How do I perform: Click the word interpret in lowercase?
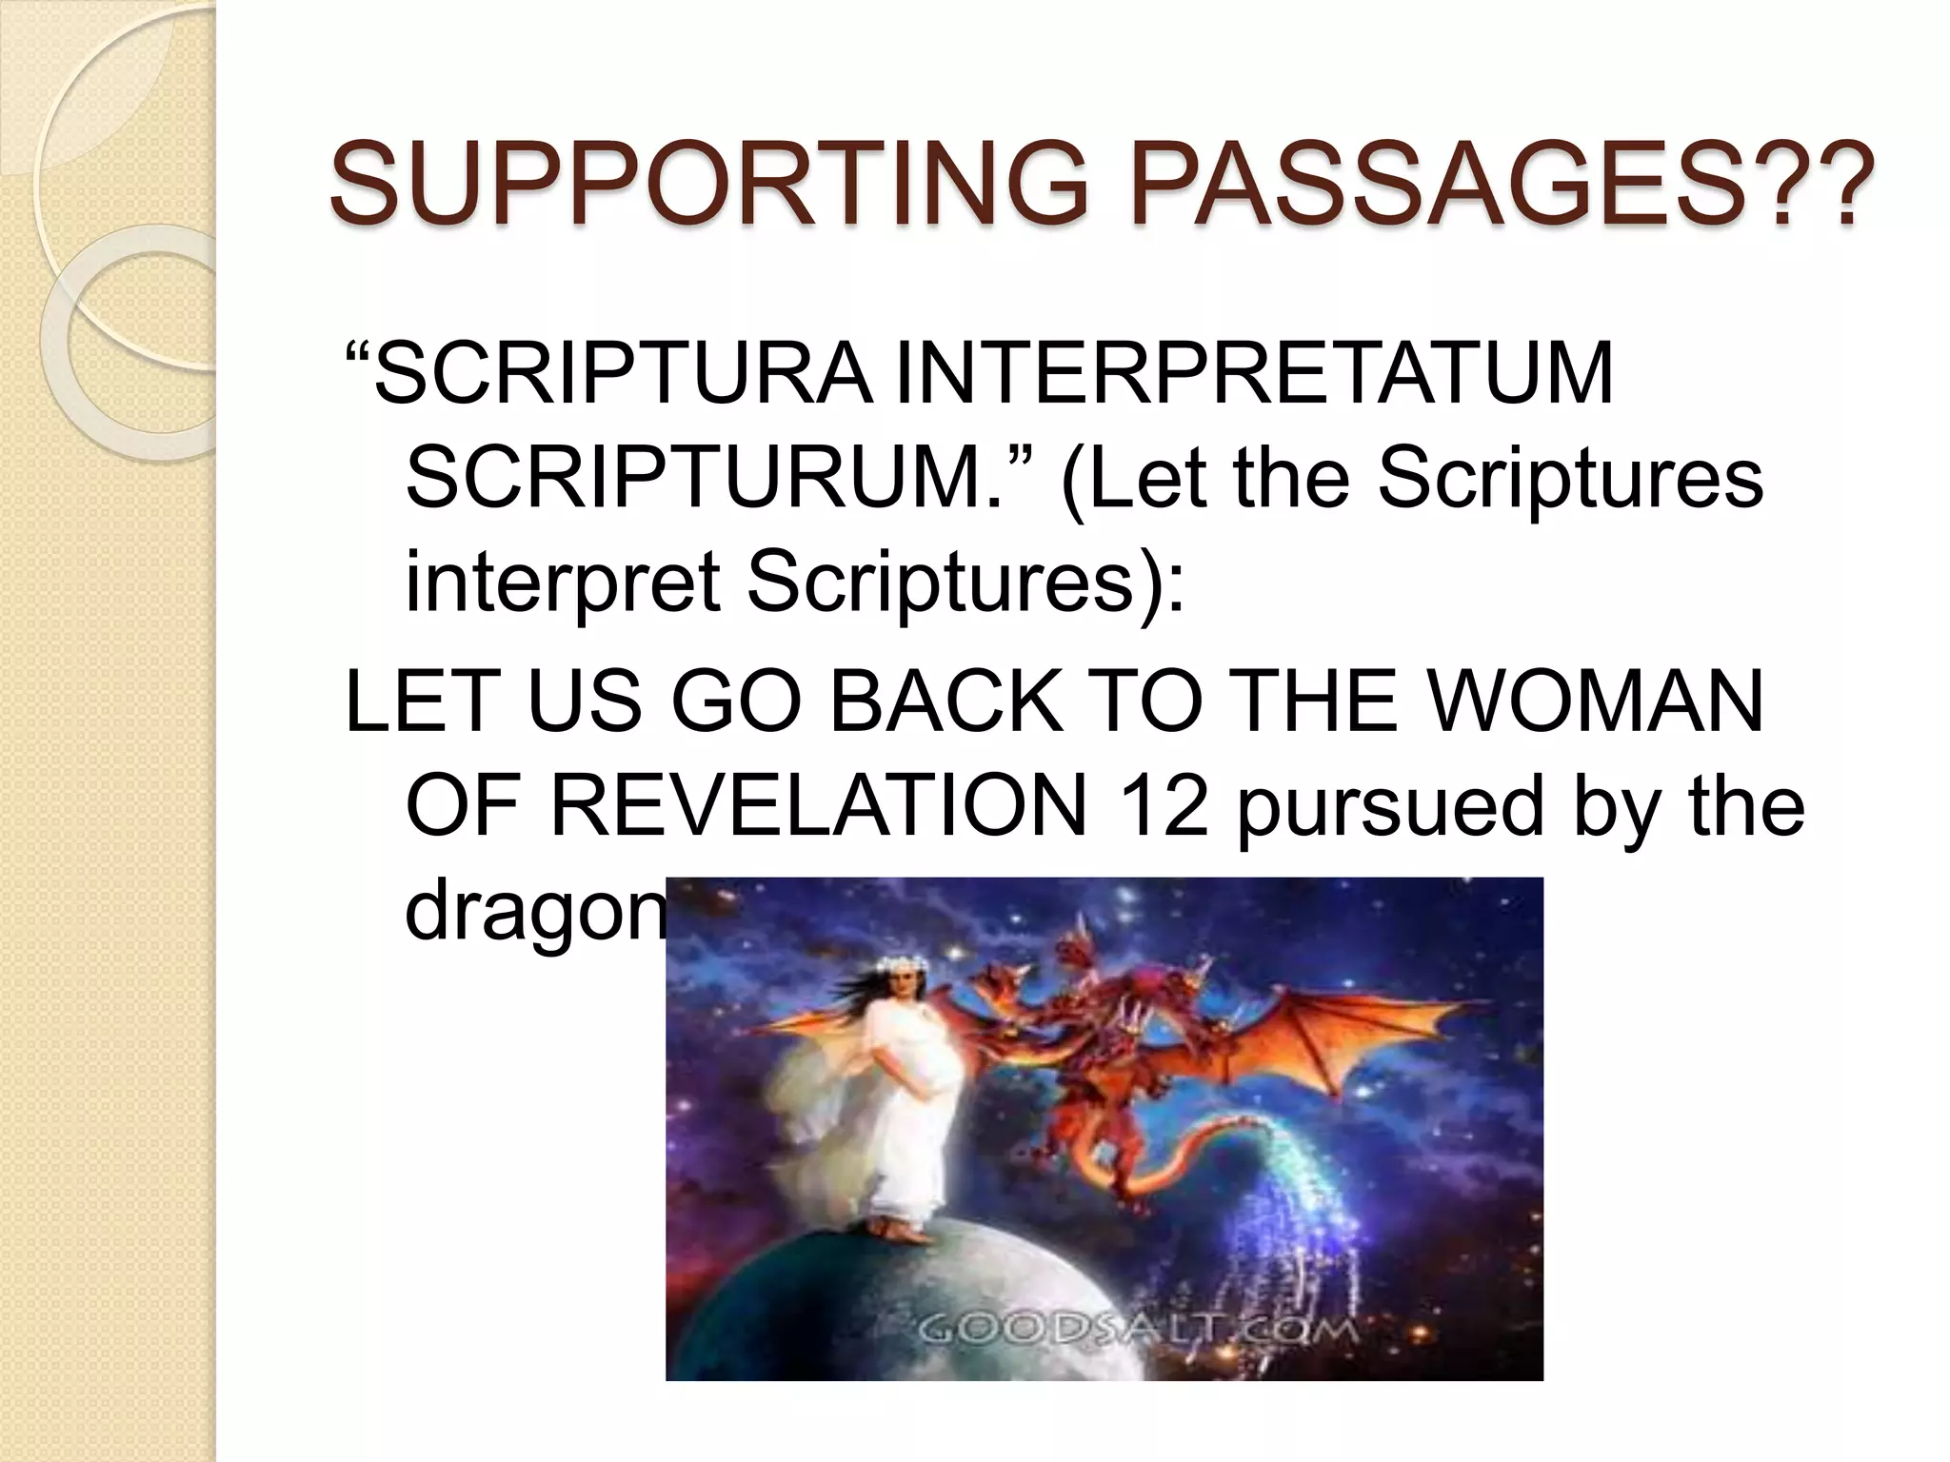coord(562,583)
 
